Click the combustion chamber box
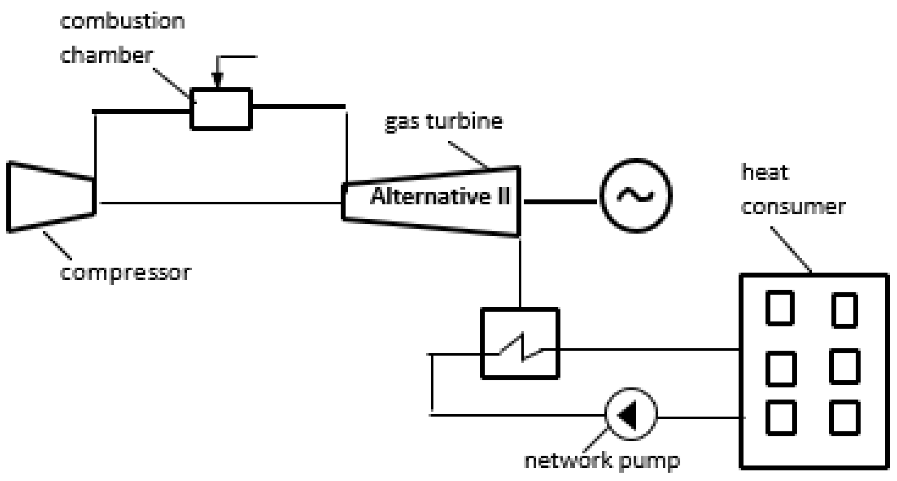[x=221, y=109]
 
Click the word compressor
[x=125, y=273]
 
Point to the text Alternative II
[x=440, y=197]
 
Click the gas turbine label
[x=443, y=121]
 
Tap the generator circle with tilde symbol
[x=636, y=195]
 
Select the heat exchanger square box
[x=520, y=343]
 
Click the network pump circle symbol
[x=631, y=414]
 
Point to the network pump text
[x=602, y=461]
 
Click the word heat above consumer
[x=765, y=172]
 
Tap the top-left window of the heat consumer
[x=780, y=308]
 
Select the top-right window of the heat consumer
[x=845, y=310]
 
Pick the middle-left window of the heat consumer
[x=781, y=369]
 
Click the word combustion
[x=122, y=21]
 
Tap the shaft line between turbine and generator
[x=560, y=202]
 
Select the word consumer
[x=793, y=207]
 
